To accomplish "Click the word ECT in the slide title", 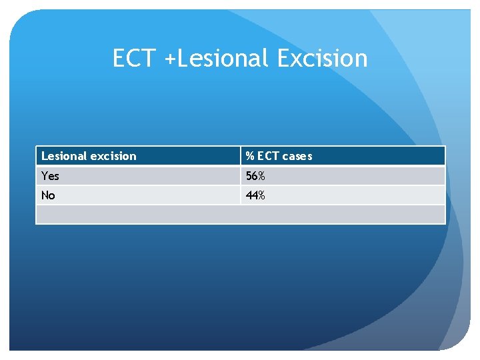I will (x=135, y=59).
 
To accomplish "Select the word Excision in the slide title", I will (x=322, y=59).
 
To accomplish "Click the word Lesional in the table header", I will (x=64, y=156).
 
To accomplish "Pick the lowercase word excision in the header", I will (x=113, y=156).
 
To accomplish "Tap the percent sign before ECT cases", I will (x=249, y=156).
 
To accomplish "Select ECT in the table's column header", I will (x=268, y=156).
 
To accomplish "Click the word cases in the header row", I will (x=297, y=156).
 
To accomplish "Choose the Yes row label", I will (x=50, y=176).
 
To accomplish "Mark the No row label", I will (x=48, y=195).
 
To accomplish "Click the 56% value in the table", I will (x=255, y=176).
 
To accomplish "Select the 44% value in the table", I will (x=255, y=195).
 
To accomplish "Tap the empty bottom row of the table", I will (x=240, y=214).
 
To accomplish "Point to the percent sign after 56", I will (x=261, y=176).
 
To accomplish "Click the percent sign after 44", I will (x=261, y=195).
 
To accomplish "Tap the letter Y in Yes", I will (x=45, y=176).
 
